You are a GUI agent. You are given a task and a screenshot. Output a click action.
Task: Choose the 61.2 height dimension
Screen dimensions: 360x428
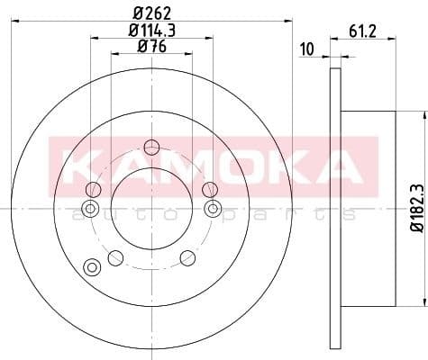point(361,32)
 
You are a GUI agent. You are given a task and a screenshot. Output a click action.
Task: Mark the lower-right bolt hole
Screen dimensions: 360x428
point(187,258)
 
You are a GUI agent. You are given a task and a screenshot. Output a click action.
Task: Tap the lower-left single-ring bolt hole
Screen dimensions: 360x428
point(114,258)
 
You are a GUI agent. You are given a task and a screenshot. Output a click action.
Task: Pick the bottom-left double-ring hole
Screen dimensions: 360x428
point(90,266)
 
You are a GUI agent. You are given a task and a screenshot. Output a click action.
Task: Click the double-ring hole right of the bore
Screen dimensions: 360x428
point(214,209)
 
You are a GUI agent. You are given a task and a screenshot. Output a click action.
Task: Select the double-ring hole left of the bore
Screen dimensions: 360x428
point(89,209)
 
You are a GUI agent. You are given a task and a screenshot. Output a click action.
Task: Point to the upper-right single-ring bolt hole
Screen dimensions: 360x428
point(209,189)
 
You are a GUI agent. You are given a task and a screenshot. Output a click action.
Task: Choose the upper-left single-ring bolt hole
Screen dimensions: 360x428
point(92,189)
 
